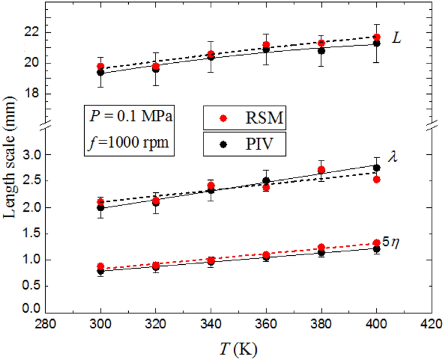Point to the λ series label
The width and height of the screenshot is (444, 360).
point(393,155)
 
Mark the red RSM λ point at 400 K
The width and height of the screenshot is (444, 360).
point(377,179)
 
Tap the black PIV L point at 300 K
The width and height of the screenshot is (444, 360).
point(100,73)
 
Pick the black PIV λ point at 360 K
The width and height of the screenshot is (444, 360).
point(266,181)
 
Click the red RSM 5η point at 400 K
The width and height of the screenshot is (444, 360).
point(377,243)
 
